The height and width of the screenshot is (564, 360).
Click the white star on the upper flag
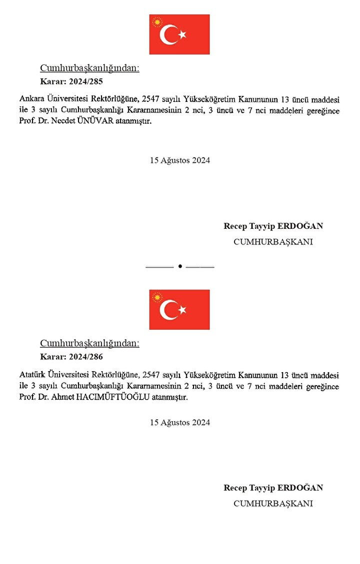coord(182,34)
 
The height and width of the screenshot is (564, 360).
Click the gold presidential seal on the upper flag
coord(157,22)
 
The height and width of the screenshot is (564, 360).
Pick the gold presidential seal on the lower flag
coord(157,298)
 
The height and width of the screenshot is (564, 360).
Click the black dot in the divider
coord(180,267)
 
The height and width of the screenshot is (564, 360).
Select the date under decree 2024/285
coord(180,160)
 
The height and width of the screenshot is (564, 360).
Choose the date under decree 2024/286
coord(180,423)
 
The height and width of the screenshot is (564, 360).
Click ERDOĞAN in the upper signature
coord(300,226)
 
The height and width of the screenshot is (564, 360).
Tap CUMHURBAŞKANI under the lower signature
coord(273,504)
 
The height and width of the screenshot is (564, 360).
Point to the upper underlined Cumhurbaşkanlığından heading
coord(89,68)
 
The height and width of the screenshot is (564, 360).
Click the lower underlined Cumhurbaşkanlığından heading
coord(89,344)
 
